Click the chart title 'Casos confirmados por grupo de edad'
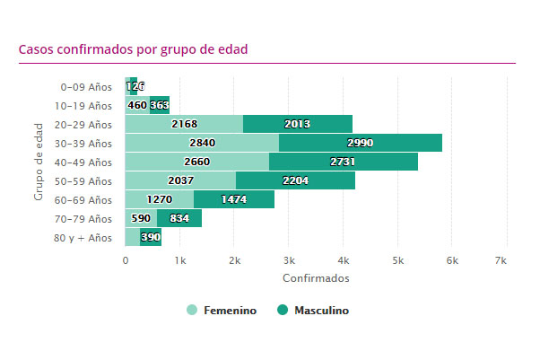133,49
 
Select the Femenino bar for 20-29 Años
184,124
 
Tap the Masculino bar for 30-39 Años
361,143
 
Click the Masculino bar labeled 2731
344,162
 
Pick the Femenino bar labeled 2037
180,180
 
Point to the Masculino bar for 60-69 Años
234,199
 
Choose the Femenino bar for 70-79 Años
141,218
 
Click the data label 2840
203,143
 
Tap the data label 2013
297,124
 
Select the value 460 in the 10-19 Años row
137,105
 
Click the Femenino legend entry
222,311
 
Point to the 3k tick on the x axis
288,260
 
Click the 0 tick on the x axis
126,260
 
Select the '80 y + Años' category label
84,238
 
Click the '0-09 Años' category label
86,87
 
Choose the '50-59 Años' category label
83,181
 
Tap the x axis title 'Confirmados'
316,278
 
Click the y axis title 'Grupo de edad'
39,162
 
